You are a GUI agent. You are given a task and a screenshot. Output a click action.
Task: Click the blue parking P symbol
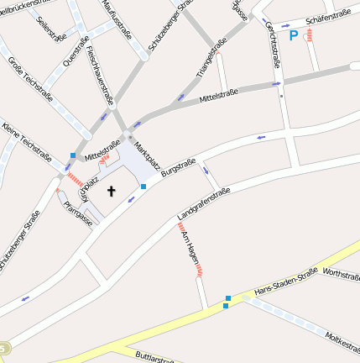click(293, 35)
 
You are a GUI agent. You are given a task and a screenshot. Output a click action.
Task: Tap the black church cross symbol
click(111, 191)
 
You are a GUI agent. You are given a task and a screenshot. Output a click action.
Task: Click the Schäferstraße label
click(328, 17)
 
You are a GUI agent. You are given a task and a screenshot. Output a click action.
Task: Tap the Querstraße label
click(76, 50)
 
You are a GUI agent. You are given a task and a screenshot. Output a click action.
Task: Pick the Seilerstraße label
click(52, 26)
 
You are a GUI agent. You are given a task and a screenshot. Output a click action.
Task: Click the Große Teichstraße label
click(31, 78)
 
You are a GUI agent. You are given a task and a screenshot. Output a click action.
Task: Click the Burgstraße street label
click(178, 164)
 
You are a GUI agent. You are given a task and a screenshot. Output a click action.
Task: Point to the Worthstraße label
click(341, 274)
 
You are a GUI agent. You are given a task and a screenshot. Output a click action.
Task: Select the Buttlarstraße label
click(155, 356)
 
